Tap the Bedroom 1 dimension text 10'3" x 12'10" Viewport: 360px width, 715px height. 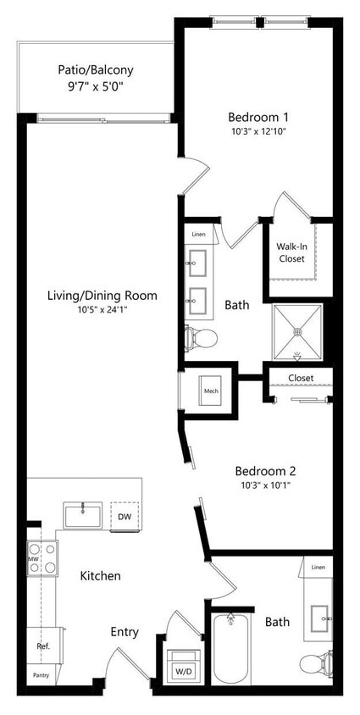coord(258,132)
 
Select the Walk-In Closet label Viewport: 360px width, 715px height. coord(291,252)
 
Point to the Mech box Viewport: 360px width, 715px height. coord(211,391)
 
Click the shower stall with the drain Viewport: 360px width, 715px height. coord(296,331)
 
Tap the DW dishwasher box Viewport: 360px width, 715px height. coord(125,516)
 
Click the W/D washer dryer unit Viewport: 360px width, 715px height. coord(182,668)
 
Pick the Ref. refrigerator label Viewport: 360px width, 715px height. coord(42,646)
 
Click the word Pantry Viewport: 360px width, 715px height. coord(41,675)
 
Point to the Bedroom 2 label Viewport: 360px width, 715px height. coord(264,470)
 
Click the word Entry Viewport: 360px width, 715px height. coord(125,631)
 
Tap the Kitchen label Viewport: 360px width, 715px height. coord(100,575)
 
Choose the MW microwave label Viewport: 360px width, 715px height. coord(34,559)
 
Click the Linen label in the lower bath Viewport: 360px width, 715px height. coord(318,567)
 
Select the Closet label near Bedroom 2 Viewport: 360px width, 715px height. coord(300,378)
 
